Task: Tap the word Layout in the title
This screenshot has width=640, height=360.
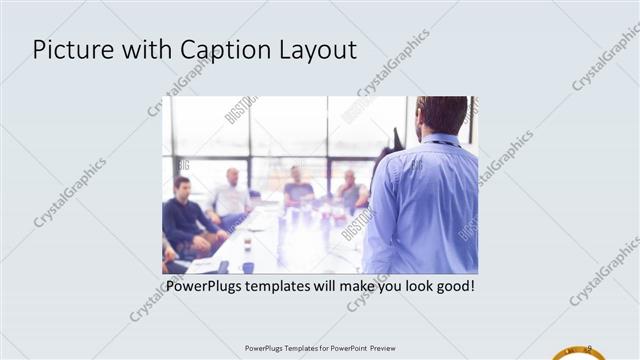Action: point(315,50)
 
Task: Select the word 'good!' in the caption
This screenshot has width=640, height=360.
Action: point(451,287)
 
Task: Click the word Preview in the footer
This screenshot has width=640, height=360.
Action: point(389,348)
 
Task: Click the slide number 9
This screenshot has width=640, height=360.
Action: point(589,347)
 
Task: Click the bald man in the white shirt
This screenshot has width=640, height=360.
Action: point(232,195)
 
